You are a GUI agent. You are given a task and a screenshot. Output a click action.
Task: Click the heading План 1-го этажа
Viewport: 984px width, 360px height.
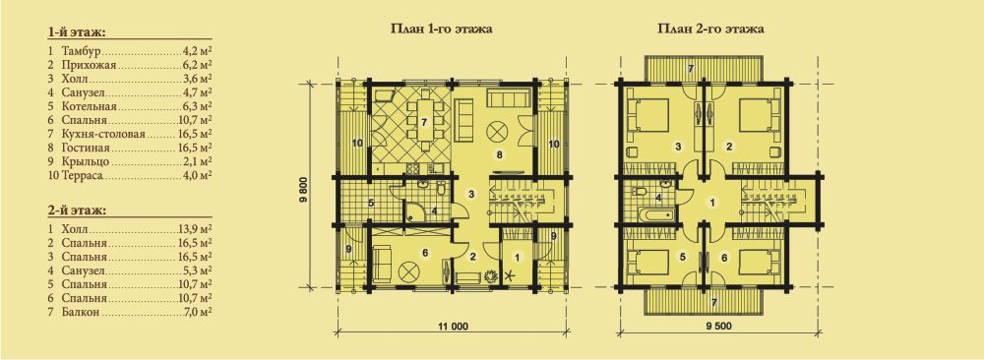point(441,29)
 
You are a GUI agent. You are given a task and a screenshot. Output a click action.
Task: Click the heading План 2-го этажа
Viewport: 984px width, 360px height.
point(711,29)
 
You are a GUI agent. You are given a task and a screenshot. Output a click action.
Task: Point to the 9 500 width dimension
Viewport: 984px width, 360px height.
point(717,326)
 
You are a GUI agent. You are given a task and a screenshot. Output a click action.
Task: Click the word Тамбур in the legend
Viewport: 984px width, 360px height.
point(82,49)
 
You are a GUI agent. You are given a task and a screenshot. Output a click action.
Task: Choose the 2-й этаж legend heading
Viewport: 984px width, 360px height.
point(76,210)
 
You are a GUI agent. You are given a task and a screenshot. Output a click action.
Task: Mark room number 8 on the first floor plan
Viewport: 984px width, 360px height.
point(500,153)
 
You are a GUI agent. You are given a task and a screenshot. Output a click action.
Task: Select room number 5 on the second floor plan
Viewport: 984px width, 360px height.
point(683,256)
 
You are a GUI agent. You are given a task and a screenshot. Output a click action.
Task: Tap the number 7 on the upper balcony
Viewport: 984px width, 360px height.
point(690,68)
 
